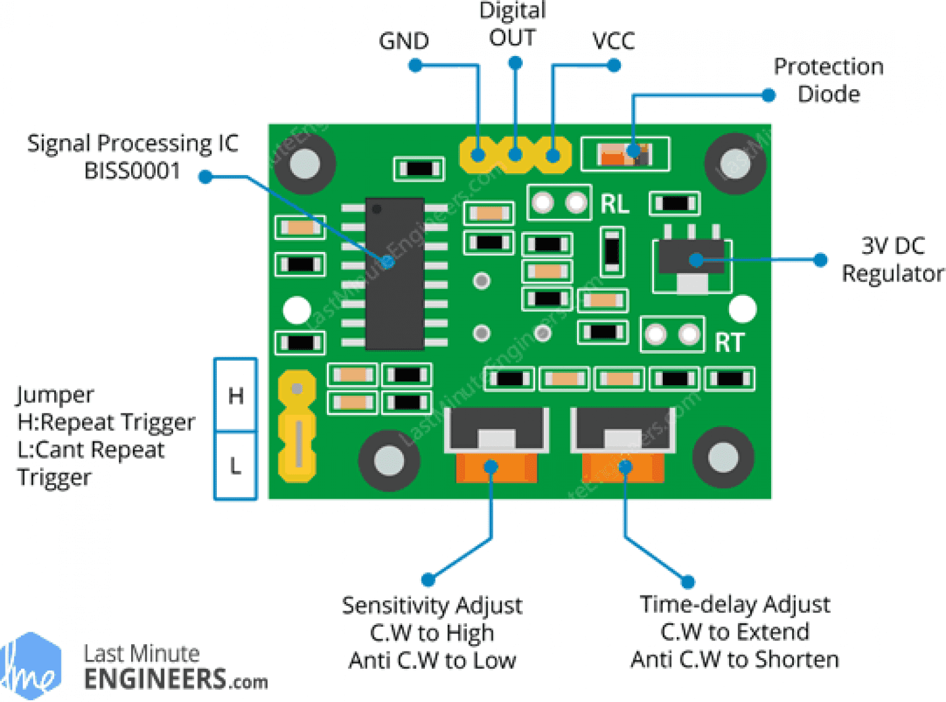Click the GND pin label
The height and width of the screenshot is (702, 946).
click(x=403, y=41)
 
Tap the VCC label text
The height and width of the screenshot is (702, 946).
click(x=613, y=41)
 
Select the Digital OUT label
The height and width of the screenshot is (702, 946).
click(x=512, y=25)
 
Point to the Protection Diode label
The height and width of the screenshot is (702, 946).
click(x=828, y=80)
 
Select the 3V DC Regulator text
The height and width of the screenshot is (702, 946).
click(x=892, y=259)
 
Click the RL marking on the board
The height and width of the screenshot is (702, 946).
click(x=615, y=204)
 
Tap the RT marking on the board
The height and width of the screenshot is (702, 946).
click(x=729, y=343)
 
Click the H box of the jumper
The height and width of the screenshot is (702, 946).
click(x=235, y=395)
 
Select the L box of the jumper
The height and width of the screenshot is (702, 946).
click(x=235, y=465)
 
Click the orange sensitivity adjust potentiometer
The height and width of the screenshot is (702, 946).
click(x=496, y=468)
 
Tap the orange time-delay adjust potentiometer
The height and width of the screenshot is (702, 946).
click(x=623, y=468)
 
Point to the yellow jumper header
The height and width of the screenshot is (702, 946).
click(x=297, y=425)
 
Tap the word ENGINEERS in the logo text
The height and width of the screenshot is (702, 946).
click(x=155, y=679)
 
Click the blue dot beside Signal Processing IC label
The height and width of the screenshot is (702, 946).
click(x=206, y=177)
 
